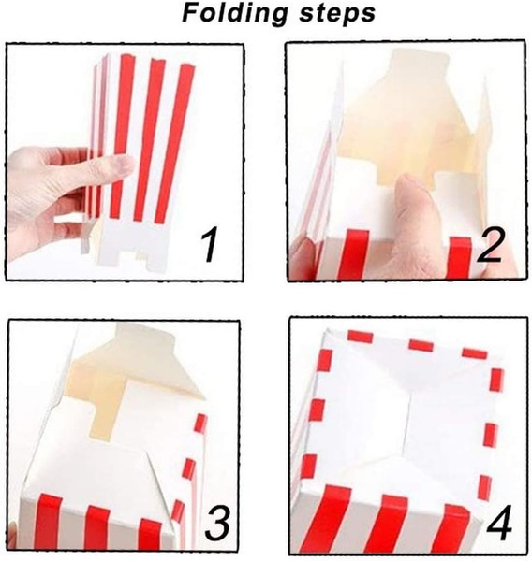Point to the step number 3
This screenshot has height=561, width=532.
pos(215,524)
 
